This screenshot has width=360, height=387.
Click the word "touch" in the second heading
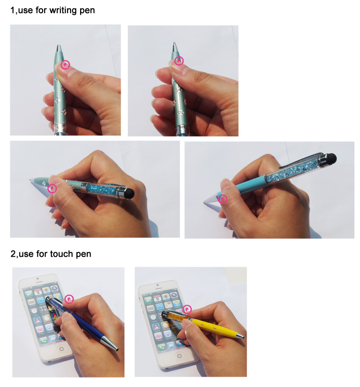click(x=61, y=254)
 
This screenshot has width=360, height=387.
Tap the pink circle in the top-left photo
click(x=65, y=65)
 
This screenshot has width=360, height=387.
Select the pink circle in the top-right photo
click(x=179, y=61)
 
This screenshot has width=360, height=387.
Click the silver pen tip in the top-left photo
click(x=58, y=48)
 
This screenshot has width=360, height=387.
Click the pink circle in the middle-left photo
click(x=52, y=189)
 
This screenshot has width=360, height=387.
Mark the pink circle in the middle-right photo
click(x=222, y=199)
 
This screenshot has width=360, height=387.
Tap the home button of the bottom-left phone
click(x=62, y=349)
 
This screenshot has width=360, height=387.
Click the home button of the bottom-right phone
click(x=180, y=356)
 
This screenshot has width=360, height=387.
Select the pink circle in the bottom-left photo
click(x=69, y=299)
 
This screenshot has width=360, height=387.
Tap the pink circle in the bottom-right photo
click(x=187, y=309)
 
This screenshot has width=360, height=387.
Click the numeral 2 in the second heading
click(x=13, y=254)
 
